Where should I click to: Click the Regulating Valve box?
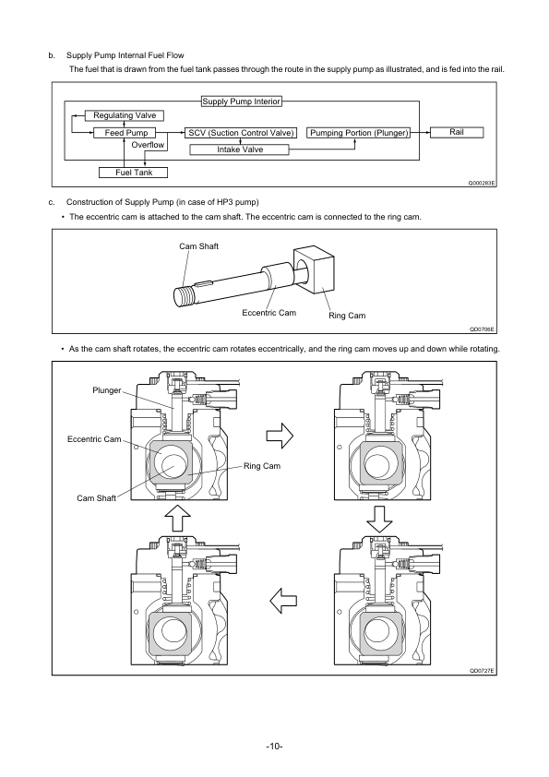pos(125,115)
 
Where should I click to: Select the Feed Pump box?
pos(125,133)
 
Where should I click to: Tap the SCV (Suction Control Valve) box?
pos(241,133)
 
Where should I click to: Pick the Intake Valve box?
pos(239,149)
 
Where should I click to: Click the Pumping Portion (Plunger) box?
pos(359,133)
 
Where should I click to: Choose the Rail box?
pos(457,132)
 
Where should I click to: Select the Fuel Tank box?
pos(133,173)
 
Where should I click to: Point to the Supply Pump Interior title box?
pos(242,102)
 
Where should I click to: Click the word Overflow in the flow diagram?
pos(148,145)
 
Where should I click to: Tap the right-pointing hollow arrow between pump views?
pos(280,436)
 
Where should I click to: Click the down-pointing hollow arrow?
pos(379,520)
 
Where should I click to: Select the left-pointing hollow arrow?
pos(283,601)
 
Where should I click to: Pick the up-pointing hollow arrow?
pos(177,519)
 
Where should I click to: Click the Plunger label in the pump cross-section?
pos(106,390)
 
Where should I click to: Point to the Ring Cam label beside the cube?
pos(347,316)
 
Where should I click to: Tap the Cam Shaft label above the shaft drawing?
pos(198,246)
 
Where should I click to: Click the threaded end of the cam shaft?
pos(184,296)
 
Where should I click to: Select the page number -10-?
pos(275,747)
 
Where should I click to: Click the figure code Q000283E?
pos(482,184)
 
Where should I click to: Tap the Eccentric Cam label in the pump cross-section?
pos(94,439)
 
